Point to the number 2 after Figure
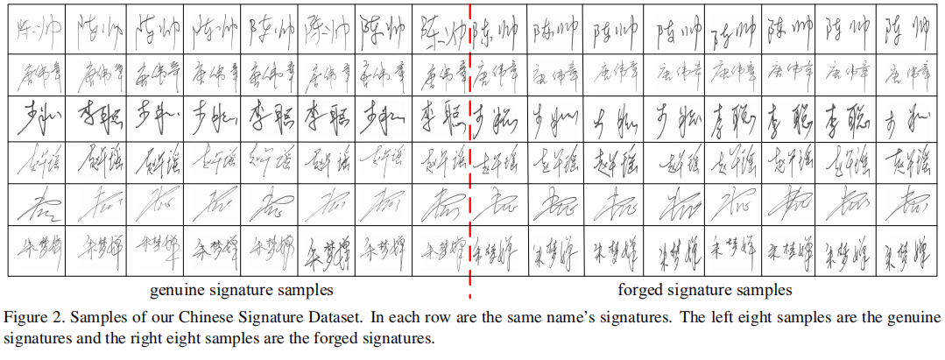[x=53, y=315]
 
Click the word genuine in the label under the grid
[x=175, y=289]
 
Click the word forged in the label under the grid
[x=638, y=289]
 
